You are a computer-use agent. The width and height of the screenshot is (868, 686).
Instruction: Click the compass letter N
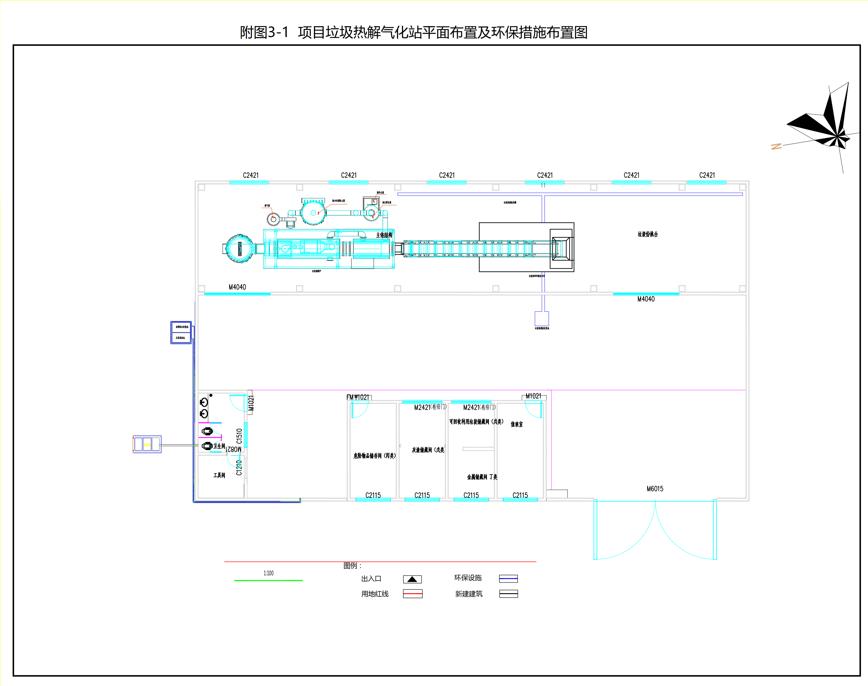pyautogui.click(x=776, y=147)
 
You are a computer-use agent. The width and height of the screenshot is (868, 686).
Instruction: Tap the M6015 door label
pyautogui.click(x=655, y=489)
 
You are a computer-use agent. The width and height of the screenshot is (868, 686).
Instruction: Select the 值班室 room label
pyautogui.click(x=517, y=424)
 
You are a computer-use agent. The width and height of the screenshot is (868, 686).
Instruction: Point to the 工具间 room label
pyautogui.click(x=219, y=475)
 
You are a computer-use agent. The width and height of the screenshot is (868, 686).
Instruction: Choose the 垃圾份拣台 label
pyautogui.click(x=647, y=234)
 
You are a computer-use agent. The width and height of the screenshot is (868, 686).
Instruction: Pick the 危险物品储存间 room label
pyautogui.click(x=374, y=455)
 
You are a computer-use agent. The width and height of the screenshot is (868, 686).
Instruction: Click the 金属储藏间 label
pyautogui.click(x=482, y=477)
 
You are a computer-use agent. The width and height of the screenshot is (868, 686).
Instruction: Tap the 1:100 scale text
pyautogui.click(x=268, y=573)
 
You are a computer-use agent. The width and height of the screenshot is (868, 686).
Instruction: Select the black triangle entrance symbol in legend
pyautogui.click(x=412, y=579)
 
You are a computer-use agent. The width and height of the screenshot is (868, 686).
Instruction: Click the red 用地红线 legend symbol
pyautogui.click(x=413, y=593)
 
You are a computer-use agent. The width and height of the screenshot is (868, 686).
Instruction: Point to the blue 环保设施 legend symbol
pyautogui.click(x=508, y=578)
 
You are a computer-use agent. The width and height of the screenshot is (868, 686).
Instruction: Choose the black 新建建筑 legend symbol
pyautogui.click(x=508, y=593)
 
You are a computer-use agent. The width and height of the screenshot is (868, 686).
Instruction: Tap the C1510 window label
pyautogui.click(x=239, y=436)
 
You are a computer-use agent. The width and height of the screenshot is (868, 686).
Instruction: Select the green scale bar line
pyautogui.click(x=268, y=580)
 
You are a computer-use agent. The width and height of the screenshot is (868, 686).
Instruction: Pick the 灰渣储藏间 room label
pyautogui.click(x=428, y=450)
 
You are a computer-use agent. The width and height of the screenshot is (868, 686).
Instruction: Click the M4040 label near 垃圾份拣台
pyautogui.click(x=645, y=299)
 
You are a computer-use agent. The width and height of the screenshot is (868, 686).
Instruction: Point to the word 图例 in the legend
pyautogui.click(x=350, y=566)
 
